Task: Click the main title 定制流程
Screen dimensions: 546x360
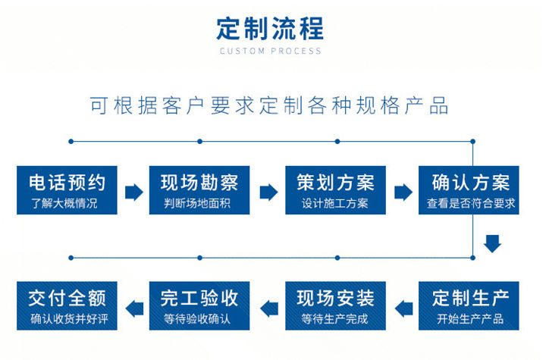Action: click(x=270, y=29)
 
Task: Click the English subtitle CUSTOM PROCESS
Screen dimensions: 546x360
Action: click(x=270, y=52)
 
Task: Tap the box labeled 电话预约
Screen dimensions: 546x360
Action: click(x=67, y=190)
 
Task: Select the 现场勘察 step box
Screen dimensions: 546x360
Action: click(x=199, y=190)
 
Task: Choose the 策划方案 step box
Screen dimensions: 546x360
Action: click(x=335, y=190)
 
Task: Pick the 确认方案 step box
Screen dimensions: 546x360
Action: click(x=469, y=190)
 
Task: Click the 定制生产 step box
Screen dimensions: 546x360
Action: click(x=469, y=305)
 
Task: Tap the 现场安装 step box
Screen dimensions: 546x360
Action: click(x=335, y=305)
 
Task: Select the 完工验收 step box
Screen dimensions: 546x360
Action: click(x=199, y=305)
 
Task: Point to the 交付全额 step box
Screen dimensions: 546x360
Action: click(x=67, y=305)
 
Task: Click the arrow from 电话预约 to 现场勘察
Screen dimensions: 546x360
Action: click(x=134, y=193)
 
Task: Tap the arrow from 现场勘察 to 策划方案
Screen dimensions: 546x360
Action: click(x=268, y=193)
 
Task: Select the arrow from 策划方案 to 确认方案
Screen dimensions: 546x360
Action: click(x=403, y=193)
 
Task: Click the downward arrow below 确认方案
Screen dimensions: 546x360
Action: click(x=492, y=244)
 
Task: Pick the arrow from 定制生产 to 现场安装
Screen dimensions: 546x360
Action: click(x=403, y=308)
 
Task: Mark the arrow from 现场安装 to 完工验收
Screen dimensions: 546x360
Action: click(x=268, y=308)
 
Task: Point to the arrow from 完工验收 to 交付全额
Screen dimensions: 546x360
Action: click(x=134, y=308)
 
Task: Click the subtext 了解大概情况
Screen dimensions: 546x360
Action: click(x=64, y=203)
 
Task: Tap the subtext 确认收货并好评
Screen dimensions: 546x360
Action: click(x=69, y=319)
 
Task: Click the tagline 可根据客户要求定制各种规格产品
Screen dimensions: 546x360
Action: click(x=268, y=105)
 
